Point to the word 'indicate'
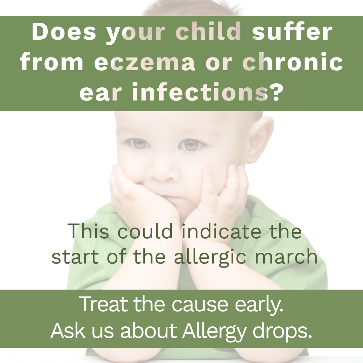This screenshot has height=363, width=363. pyautogui.click(x=221, y=231)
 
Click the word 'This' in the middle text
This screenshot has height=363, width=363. pyautogui.click(x=88, y=231)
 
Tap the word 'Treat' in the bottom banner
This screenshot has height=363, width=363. pyautogui.click(x=104, y=304)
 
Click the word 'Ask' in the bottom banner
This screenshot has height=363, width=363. pyautogui.click(x=68, y=330)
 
